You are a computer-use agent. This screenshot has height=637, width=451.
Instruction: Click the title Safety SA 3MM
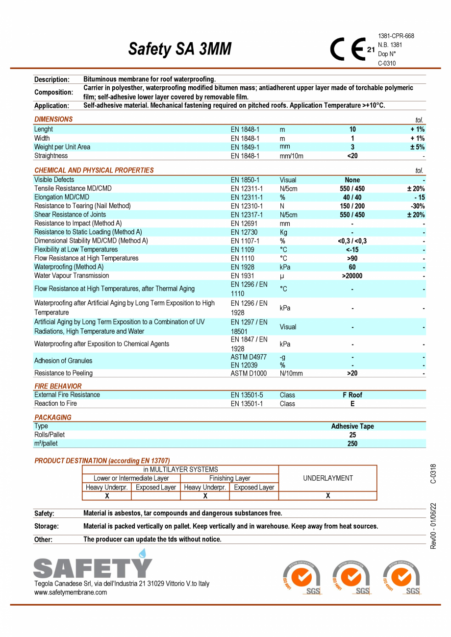(179, 49)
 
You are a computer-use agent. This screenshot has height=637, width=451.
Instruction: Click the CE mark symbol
(349, 49)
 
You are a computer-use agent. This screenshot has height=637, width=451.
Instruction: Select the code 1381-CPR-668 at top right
(396, 36)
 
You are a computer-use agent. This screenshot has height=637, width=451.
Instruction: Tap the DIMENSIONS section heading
(53, 119)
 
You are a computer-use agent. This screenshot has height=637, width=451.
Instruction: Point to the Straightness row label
(51, 156)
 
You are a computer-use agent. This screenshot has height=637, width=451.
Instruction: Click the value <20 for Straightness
(352, 156)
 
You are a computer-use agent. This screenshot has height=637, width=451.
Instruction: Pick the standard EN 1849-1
(245, 147)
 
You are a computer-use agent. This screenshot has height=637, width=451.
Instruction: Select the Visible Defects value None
(352, 180)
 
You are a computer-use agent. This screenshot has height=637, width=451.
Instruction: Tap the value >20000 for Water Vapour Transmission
(352, 276)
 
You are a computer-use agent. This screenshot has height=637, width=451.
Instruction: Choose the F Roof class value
(352, 395)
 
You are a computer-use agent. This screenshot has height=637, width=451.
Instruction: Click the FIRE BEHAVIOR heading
(58, 386)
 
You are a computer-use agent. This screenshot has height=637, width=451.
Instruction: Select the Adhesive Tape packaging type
(352, 426)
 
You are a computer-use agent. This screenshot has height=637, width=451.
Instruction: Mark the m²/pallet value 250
(352, 443)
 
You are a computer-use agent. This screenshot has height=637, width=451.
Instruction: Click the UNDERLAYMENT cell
(327, 478)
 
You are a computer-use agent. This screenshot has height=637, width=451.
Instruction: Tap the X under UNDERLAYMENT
(327, 496)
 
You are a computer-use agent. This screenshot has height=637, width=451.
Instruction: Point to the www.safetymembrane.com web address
(71, 592)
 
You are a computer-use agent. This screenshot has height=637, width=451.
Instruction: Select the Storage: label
(47, 526)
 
